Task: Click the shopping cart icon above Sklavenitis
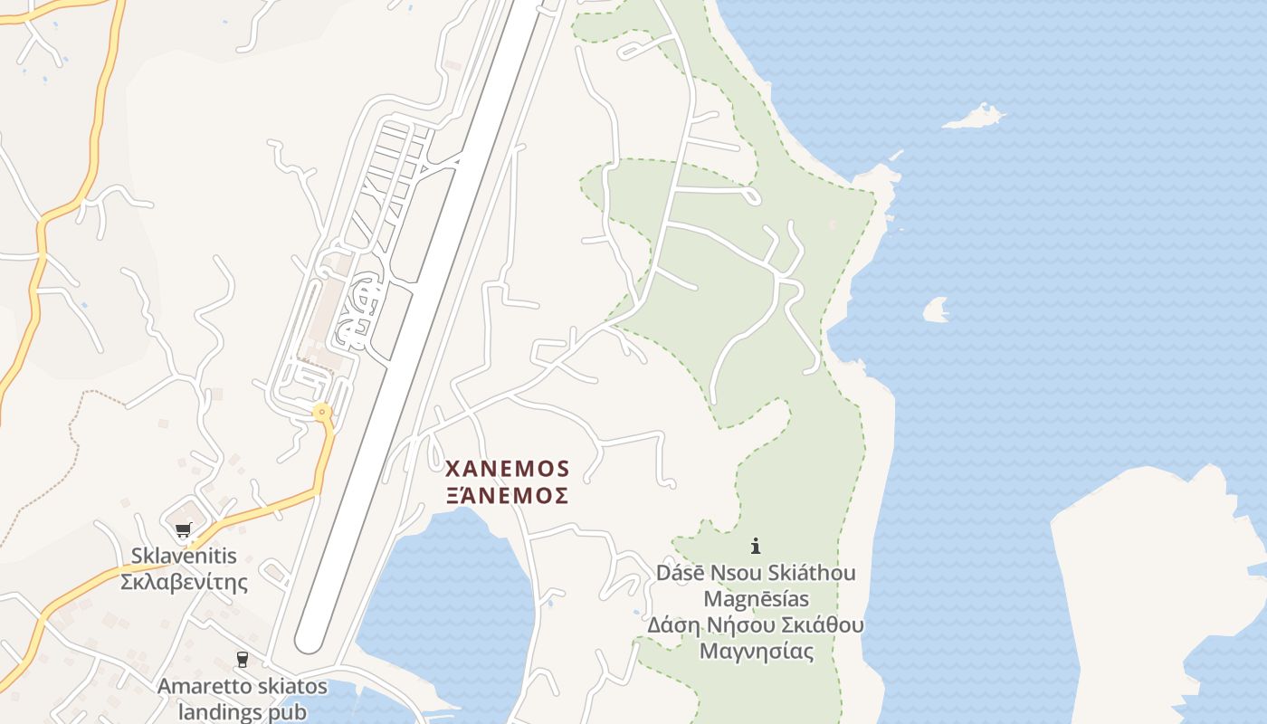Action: tap(184, 530)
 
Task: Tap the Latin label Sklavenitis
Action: tap(184, 556)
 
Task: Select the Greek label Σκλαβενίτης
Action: tap(184, 581)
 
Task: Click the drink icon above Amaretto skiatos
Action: tap(242, 660)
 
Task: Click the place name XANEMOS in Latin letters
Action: tap(507, 469)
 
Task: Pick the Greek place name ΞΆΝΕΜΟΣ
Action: tap(507, 495)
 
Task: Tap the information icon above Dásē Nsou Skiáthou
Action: tap(756, 546)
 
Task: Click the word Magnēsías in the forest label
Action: tap(756, 599)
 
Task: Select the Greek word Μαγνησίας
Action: tap(756, 651)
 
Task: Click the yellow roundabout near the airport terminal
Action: tap(321, 413)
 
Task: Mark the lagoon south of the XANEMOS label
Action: tap(452, 597)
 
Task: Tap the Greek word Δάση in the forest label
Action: tap(670, 625)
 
